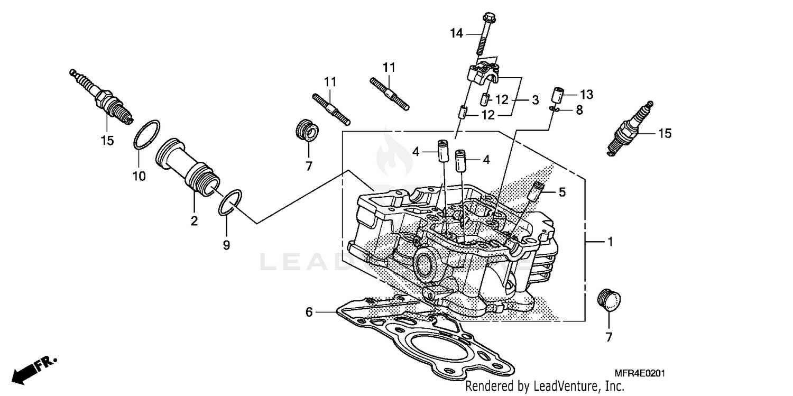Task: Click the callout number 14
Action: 456,34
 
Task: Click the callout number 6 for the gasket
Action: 309,312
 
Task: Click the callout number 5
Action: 562,192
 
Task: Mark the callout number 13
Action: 586,95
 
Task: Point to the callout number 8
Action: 579,110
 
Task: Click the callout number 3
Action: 535,100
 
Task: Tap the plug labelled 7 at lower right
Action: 609,299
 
